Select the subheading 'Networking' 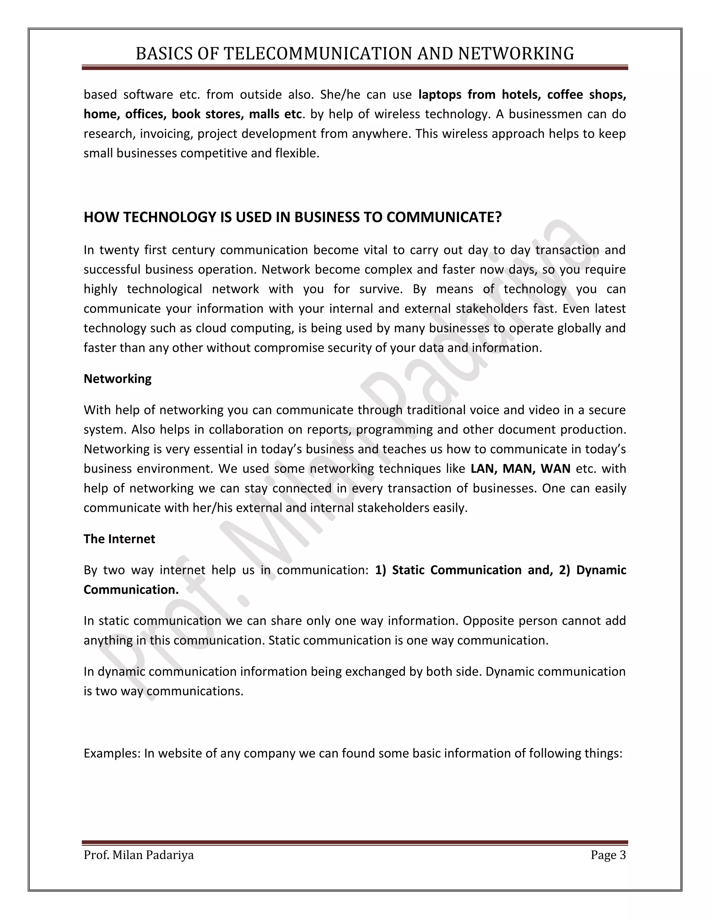coord(118,379)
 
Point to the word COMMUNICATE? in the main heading coord(444,217)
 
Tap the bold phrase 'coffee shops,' coord(586,95)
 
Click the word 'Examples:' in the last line coord(112,753)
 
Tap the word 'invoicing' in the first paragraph coord(166,134)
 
